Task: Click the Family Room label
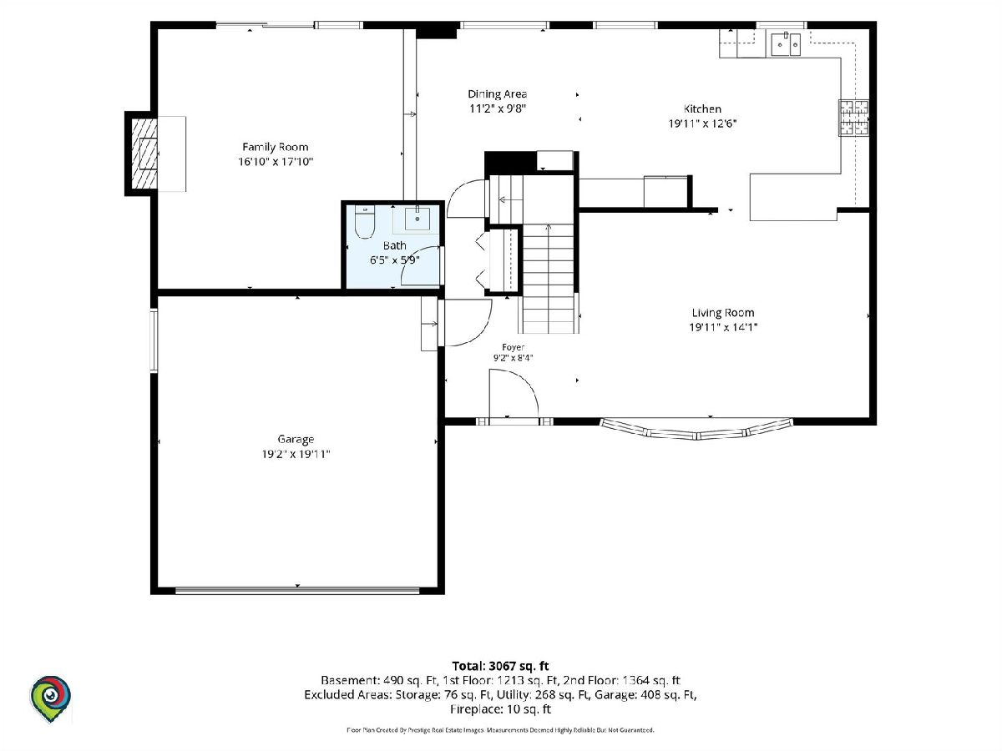pyautogui.click(x=276, y=147)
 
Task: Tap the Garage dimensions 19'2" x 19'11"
pyautogui.click(x=296, y=454)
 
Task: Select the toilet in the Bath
pyautogui.click(x=364, y=222)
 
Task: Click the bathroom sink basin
pyautogui.click(x=417, y=219)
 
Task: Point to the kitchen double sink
pyautogui.click(x=786, y=45)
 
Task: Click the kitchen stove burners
pyautogui.click(x=853, y=118)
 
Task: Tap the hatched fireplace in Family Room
pyautogui.click(x=144, y=154)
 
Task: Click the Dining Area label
pyautogui.click(x=498, y=94)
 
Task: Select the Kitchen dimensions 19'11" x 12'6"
pyautogui.click(x=702, y=123)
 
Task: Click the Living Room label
pyautogui.click(x=723, y=313)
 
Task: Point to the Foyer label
pyautogui.click(x=513, y=347)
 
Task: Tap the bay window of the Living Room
pyautogui.click(x=696, y=430)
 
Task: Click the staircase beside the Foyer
pyautogui.click(x=549, y=279)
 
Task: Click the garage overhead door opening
pyautogui.click(x=297, y=590)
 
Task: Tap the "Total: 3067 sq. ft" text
pyautogui.click(x=500, y=666)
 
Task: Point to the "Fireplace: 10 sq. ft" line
pyautogui.click(x=500, y=709)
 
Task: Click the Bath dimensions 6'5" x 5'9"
pyautogui.click(x=395, y=260)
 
